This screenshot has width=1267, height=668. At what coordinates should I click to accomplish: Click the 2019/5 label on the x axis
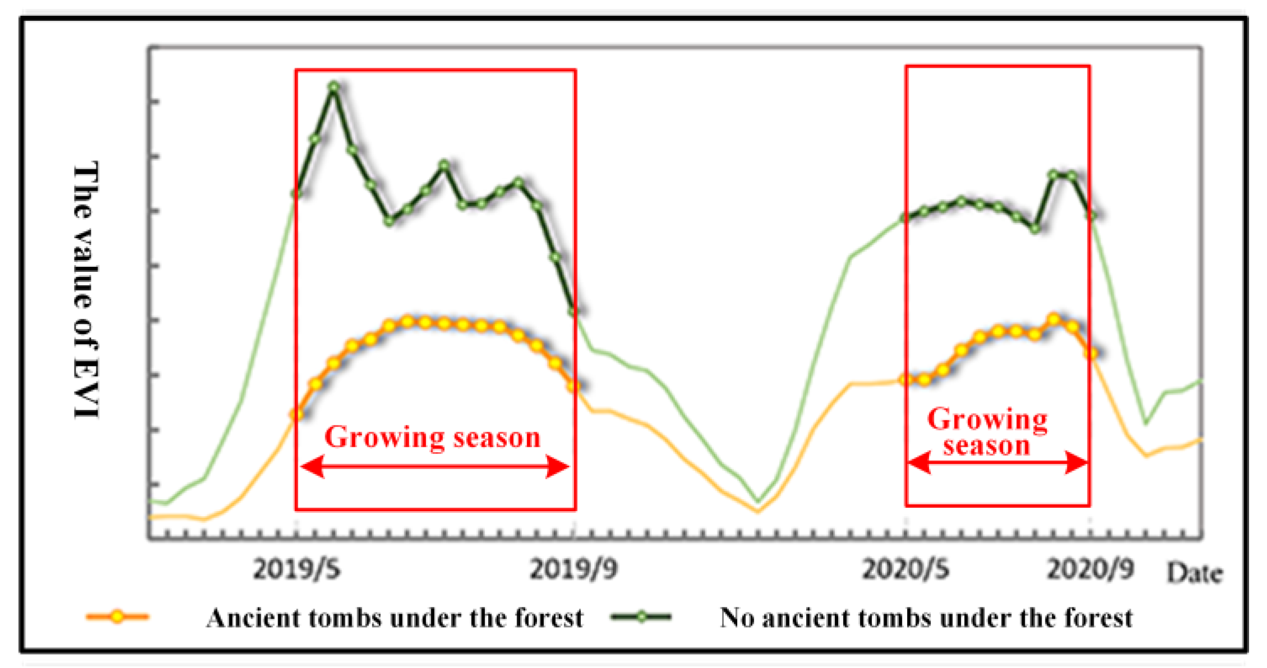pos(297,569)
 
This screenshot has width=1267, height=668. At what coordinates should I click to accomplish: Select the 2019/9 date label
pos(574,569)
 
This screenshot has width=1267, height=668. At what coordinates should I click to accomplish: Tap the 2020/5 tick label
pos(905,569)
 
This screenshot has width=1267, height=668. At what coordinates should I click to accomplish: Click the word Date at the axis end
pos(1194,573)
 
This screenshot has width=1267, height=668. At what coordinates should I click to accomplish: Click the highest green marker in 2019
pos(334,87)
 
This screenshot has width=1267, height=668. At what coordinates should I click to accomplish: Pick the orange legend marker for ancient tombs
pos(117,616)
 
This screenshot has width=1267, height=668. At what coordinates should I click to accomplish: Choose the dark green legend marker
pos(641,616)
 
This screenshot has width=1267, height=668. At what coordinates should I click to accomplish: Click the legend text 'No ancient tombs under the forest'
pos(926,618)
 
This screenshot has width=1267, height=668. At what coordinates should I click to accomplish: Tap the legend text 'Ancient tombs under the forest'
pos(395,618)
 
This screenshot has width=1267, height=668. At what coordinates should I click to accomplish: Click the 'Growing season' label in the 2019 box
pos(432,437)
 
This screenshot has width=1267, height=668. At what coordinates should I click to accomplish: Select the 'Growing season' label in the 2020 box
pos(987,432)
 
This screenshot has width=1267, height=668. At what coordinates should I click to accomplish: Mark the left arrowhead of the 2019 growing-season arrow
pos(312,466)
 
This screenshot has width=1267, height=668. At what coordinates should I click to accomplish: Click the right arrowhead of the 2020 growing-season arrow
pos(1077,463)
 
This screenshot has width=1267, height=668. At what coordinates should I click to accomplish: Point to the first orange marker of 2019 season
pos(297,415)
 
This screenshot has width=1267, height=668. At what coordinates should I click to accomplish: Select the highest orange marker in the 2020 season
pos(1054,319)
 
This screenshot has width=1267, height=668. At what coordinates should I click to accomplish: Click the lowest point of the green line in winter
pos(758,500)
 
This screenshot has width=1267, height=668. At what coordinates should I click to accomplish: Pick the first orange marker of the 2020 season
pos(905,379)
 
